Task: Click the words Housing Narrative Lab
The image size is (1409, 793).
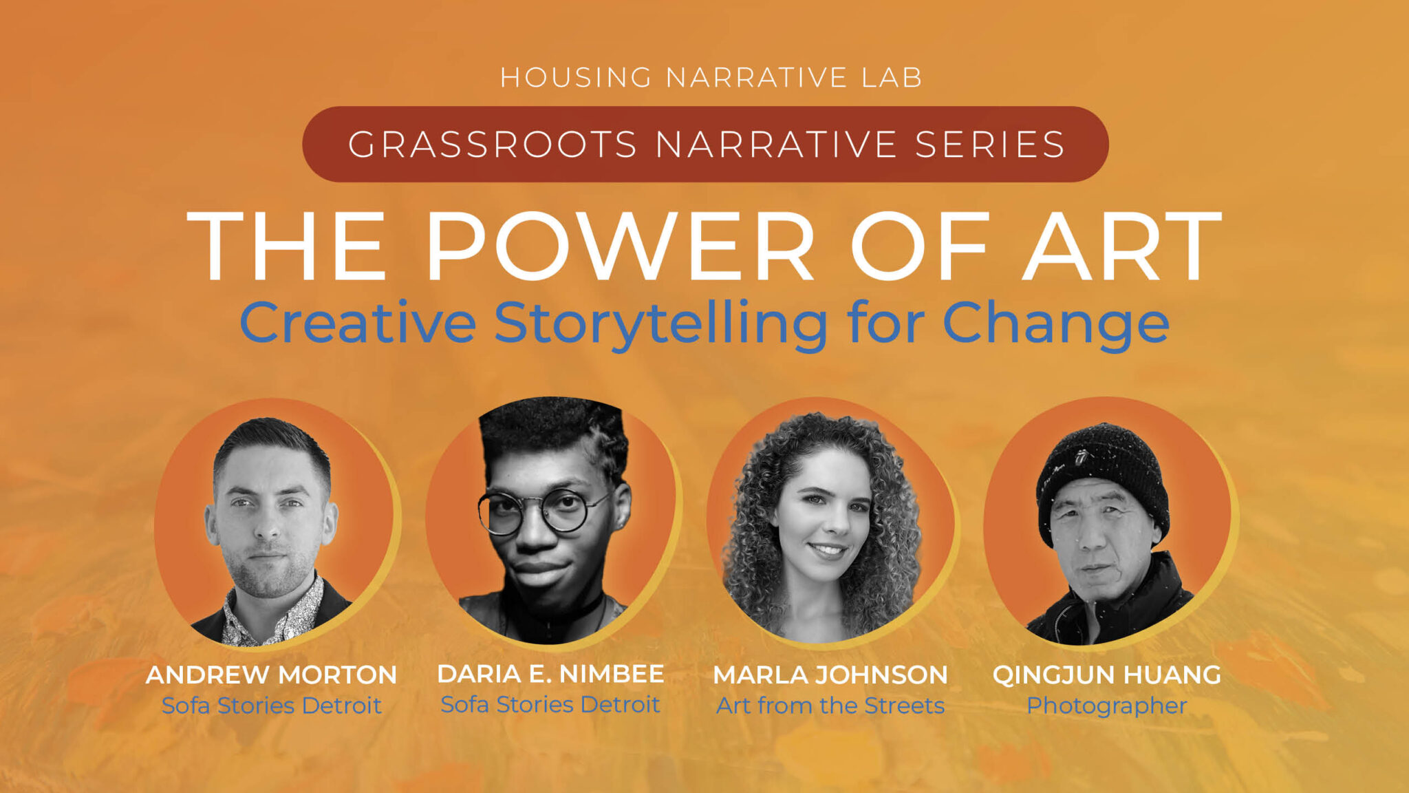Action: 711,77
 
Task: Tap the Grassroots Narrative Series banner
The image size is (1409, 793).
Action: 705,144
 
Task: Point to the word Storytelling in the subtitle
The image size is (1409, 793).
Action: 660,324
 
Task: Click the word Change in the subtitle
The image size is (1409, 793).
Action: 1055,324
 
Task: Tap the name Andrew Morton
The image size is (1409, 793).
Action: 271,675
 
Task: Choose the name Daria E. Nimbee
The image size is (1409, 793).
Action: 550,673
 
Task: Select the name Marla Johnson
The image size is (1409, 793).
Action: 830,675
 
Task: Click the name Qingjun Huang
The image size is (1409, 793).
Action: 1106,675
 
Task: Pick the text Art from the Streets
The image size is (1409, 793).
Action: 830,706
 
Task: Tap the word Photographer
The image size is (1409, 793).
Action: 1106,706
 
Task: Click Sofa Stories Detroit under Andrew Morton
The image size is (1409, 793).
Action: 271,706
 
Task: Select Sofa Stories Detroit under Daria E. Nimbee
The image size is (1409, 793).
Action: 550,704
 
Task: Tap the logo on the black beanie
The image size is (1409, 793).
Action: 1082,456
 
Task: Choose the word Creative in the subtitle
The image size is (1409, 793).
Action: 358,324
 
